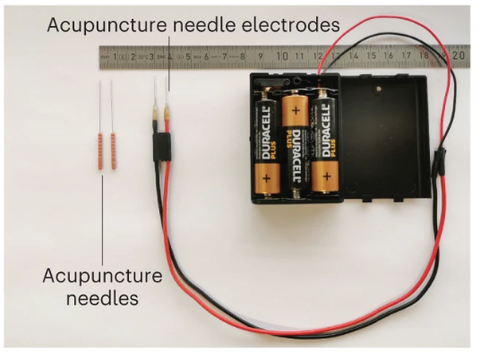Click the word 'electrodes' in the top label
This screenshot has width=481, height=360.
[290, 25]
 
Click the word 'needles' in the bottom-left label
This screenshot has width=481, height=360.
[102, 297]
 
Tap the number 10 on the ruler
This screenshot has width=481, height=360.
[282, 56]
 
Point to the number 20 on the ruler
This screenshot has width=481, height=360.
[459, 56]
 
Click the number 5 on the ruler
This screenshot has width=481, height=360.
[188, 56]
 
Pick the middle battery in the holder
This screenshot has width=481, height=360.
[295, 144]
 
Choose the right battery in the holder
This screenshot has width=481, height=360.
[325, 141]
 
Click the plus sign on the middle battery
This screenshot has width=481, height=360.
[296, 110]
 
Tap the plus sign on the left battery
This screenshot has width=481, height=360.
[266, 178]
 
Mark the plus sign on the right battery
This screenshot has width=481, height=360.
[327, 176]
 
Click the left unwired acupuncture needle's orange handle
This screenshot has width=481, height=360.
[99, 151]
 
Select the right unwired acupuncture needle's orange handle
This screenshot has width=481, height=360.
[113, 150]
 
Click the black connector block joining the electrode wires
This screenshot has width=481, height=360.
[162, 147]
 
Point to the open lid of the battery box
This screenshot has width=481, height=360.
[385, 136]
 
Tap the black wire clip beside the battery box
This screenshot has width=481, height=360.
[441, 161]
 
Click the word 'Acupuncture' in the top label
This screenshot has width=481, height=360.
[107, 25]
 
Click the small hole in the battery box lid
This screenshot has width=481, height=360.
[379, 90]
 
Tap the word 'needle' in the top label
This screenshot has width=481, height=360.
[203, 25]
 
